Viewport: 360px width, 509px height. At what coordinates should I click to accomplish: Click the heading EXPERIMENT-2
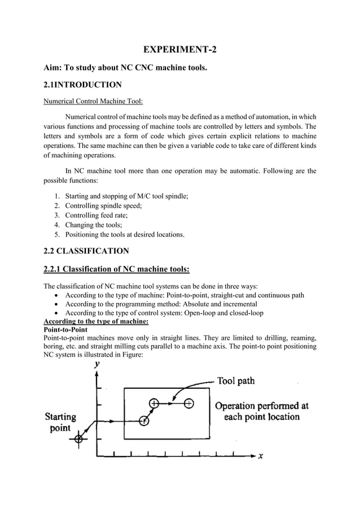click(180, 50)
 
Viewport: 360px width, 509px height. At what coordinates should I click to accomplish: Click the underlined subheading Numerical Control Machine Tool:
click(93, 102)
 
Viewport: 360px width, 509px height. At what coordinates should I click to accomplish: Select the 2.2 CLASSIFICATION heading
click(86, 251)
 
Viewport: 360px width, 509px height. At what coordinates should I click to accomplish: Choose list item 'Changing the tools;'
click(95, 224)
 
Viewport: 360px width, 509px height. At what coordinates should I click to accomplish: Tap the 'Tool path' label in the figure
click(236, 381)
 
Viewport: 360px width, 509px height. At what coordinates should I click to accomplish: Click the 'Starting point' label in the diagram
click(60, 422)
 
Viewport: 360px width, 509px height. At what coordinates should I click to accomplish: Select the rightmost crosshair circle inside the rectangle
click(188, 403)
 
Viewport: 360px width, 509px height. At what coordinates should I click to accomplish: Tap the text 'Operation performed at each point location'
click(261, 411)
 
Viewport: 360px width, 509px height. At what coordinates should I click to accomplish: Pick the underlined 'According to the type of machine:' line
click(96, 321)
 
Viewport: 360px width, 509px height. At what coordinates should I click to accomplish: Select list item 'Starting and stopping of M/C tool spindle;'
click(126, 195)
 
